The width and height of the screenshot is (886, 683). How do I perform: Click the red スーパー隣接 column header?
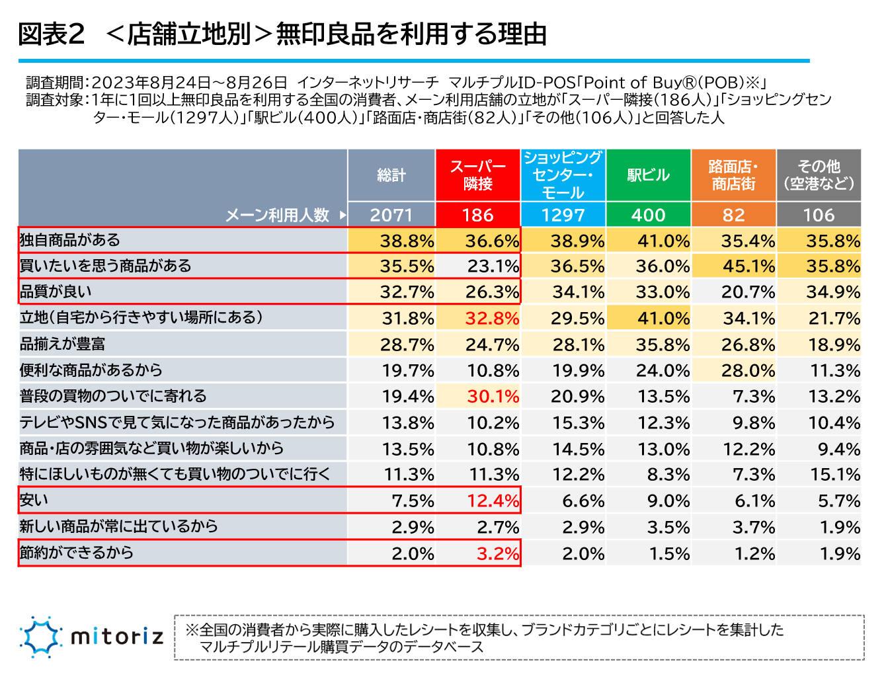477,175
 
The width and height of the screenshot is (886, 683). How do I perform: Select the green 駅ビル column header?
648,175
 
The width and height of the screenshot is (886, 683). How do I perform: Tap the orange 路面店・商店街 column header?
733,175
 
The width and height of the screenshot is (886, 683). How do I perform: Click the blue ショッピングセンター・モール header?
563,175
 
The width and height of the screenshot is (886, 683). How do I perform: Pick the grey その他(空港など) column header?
819,175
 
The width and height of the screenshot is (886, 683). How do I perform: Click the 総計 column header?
391,175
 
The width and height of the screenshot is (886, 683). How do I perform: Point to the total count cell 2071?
391,215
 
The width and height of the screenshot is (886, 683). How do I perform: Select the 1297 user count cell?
563,215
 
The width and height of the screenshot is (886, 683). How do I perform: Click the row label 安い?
34,501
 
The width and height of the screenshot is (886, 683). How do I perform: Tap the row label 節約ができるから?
77,553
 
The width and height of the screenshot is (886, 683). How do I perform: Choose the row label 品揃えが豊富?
62,344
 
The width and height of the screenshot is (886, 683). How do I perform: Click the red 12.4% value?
493,501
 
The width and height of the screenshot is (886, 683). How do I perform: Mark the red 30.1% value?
493,397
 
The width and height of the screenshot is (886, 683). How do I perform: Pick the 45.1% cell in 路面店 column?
748,266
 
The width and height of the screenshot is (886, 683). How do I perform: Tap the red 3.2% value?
498,553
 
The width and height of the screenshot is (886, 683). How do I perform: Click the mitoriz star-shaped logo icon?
40,637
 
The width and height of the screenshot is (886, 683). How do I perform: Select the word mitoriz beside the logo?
116,637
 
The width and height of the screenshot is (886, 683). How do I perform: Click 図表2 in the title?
52,34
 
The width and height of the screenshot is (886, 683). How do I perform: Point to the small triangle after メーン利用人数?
342,215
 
